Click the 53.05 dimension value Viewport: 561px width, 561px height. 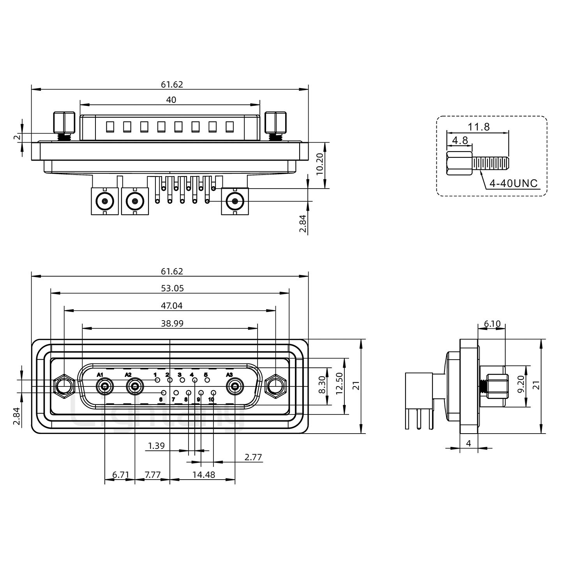(172, 288)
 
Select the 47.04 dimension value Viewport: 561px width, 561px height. (171, 306)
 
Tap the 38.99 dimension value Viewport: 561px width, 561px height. (172, 323)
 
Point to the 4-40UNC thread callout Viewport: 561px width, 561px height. (513, 183)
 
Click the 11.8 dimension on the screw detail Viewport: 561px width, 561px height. (479, 127)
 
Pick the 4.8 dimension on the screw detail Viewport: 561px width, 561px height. (460, 140)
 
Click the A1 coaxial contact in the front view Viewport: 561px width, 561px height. (104, 387)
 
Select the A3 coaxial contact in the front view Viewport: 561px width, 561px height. (235, 387)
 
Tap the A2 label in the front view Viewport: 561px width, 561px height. (128, 375)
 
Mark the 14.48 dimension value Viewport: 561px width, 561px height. (203, 475)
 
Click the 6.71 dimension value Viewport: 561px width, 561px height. (120, 475)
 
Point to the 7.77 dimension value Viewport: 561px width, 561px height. (152, 475)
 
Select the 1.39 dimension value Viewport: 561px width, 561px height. (157, 446)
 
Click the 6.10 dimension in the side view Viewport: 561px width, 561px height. (492, 324)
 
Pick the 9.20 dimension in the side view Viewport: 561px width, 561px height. (521, 386)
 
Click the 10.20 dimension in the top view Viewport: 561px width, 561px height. (319, 164)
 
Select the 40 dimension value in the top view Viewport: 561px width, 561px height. (171, 100)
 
